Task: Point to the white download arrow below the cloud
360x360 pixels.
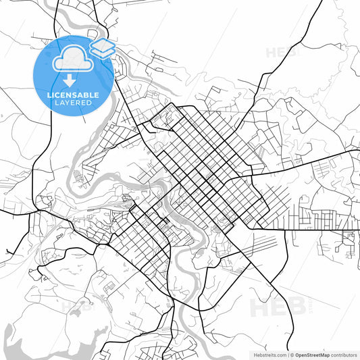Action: pos(70,80)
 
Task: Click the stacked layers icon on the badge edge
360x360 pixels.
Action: pos(101,48)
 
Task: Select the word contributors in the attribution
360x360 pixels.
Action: pos(344,354)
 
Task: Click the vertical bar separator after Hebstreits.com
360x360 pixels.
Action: pos(286,354)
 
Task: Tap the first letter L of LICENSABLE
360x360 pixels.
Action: pos(49,95)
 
